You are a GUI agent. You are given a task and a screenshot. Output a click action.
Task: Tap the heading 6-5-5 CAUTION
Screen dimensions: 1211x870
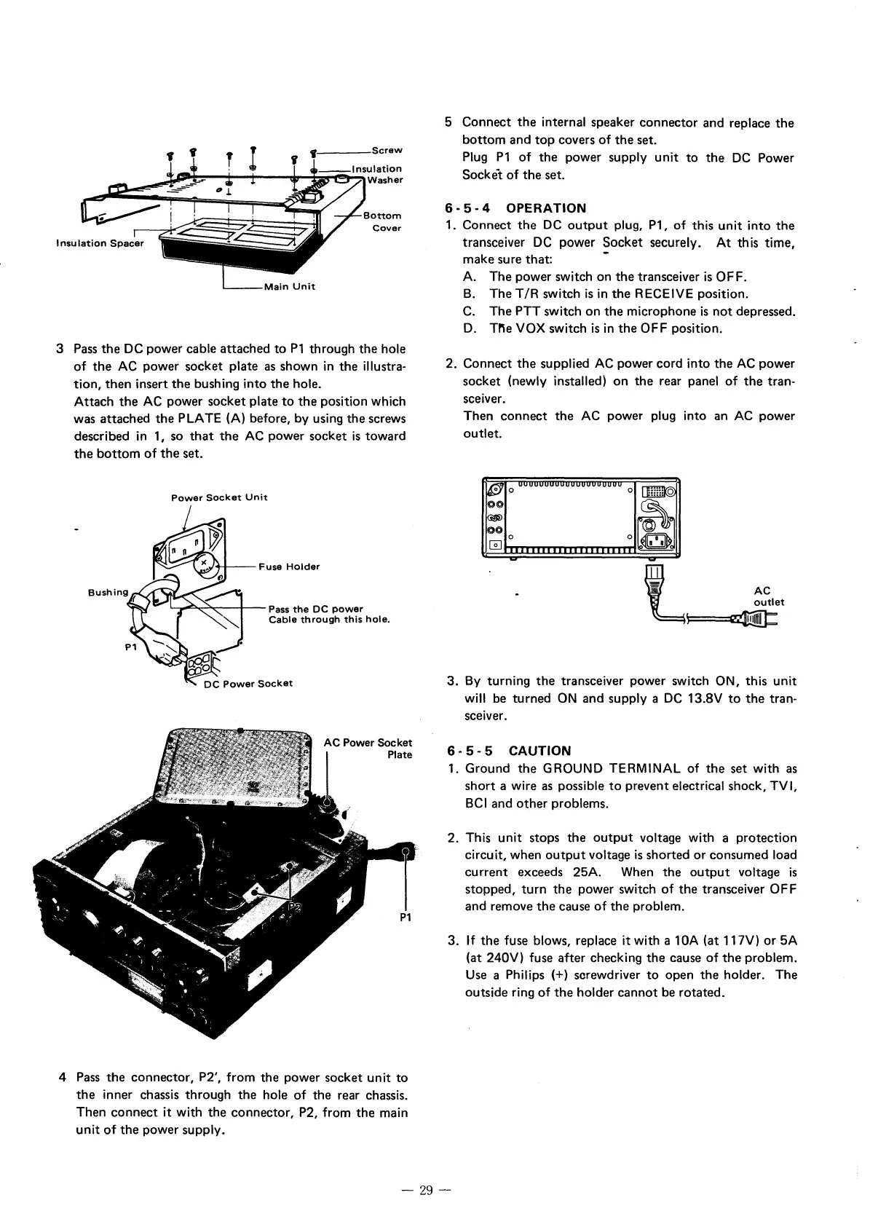pos(509,751)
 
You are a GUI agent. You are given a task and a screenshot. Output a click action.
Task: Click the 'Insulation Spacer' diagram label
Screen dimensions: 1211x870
pos(100,243)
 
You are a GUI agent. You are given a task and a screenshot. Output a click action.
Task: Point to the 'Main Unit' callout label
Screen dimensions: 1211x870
pos(289,286)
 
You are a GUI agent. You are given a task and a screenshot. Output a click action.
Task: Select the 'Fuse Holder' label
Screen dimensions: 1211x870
pos(288,567)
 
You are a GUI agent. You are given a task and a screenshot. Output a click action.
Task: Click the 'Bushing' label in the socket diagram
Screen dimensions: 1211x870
pos(108,592)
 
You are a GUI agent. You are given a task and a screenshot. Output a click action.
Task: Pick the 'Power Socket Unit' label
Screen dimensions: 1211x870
pos(219,497)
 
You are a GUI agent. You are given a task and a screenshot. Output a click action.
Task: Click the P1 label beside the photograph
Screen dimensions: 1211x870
pos(406,917)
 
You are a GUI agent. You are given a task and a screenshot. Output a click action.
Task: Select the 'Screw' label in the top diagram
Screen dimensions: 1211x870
pos(387,151)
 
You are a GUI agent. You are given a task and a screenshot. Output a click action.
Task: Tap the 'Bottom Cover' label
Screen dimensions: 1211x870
pos(383,222)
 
